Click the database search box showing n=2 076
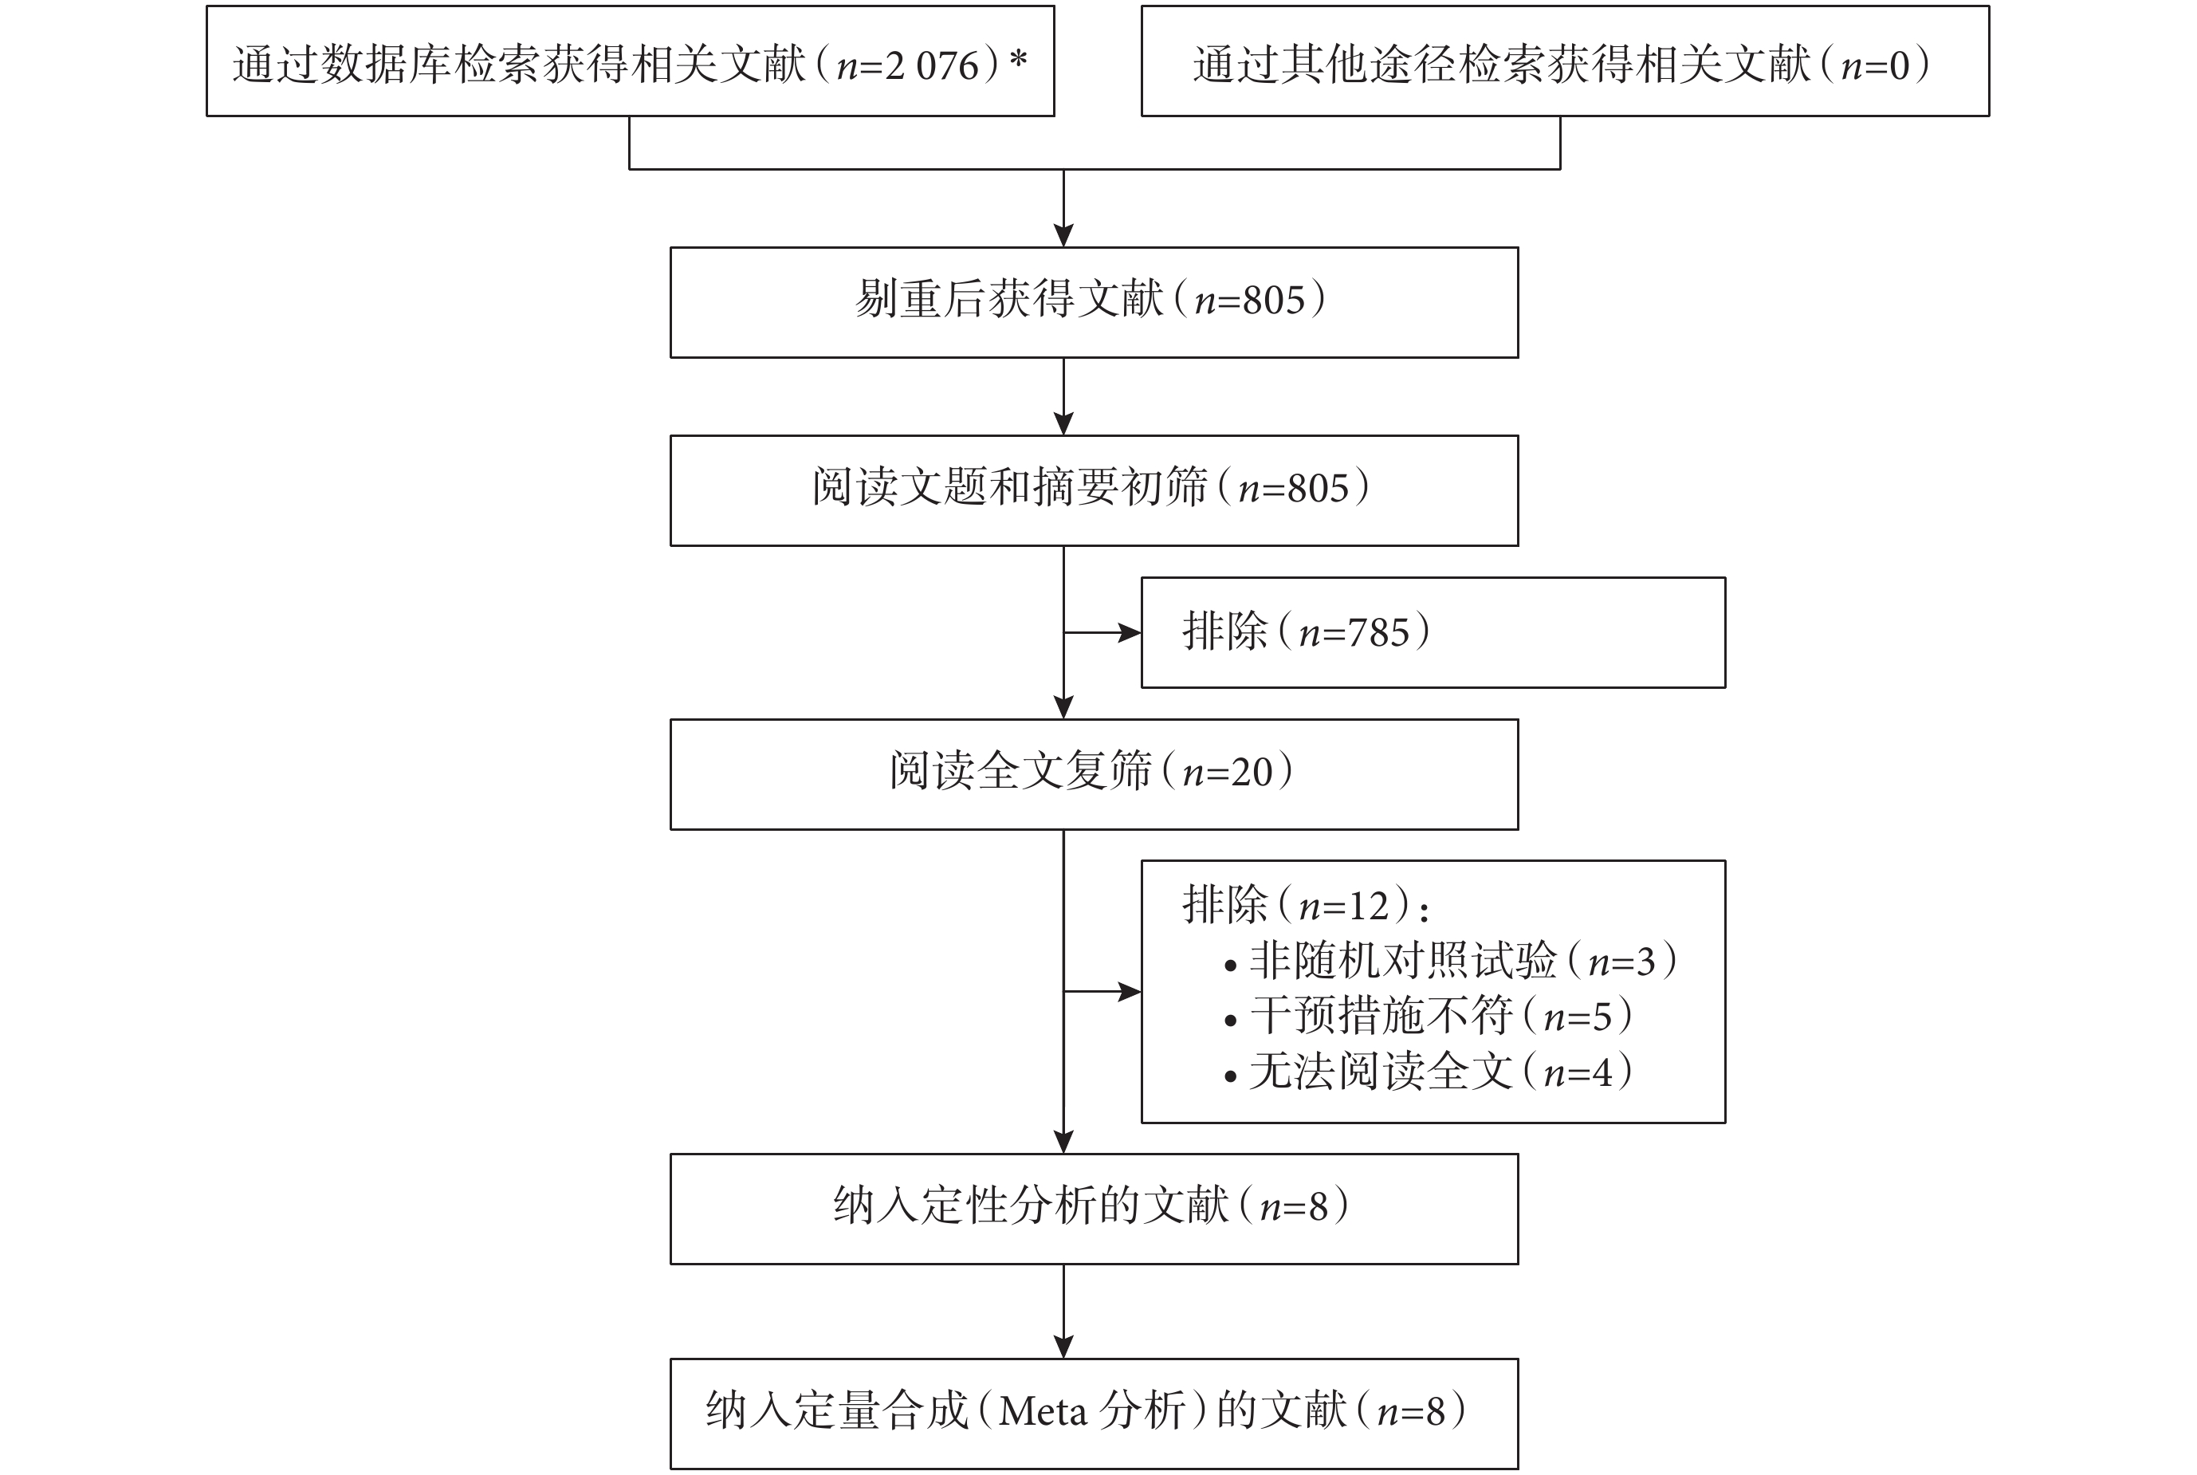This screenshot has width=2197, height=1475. pyautogui.click(x=630, y=61)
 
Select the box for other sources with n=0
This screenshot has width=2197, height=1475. pyautogui.click(x=1565, y=61)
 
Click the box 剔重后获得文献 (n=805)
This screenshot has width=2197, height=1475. pyautogui.click(x=1094, y=302)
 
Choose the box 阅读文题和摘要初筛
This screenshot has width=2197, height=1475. pyautogui.click(x=1094, y=490)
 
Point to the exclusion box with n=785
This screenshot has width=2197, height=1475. pyautogui.click(x=1433, y=632)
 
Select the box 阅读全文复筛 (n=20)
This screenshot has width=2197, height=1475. pyautogui.click(x=1094, y=774)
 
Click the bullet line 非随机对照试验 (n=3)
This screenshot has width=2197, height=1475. pyautogui.click(x=1451, y=961)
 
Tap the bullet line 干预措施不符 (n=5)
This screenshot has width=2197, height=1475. pyautogui.click(x=1429, y=1016)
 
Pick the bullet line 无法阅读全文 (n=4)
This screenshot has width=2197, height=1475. pyautogui.click(x=1429, y=1072)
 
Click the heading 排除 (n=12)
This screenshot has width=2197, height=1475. pyautogui.click(x=1307, y=905)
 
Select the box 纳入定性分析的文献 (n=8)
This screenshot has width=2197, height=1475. pyautogui.click(x=1094, y=1209)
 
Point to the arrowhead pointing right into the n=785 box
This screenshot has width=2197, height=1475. pyautogui.click(x=1130, y=632)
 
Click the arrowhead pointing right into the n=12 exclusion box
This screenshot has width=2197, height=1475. pyautogui.click(x=1130, y=992)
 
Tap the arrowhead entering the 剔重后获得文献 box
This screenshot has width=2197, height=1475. pyautogui.click(x=1063, y=235)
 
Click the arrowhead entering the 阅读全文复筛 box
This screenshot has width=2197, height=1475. pyautogui.click(x=1063, y=707)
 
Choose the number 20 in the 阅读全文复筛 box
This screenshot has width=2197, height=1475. pyautogui.click(x=1252, y=773)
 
